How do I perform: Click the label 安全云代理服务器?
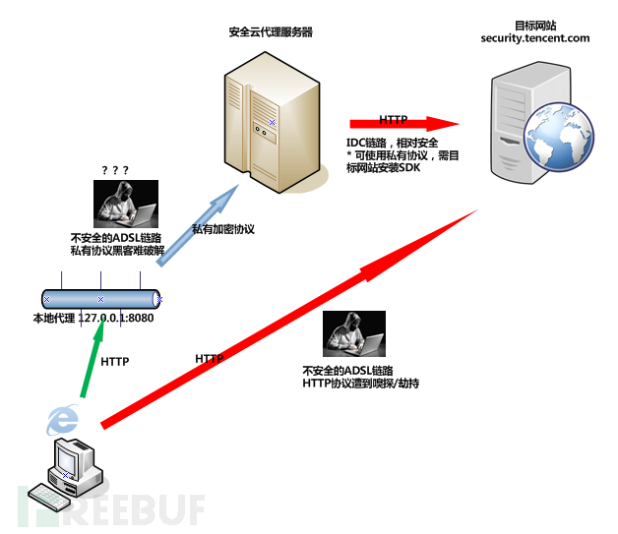pyautogui.click(x=271, y=31)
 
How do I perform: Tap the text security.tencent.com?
pyautogui.click(x=534, y=38)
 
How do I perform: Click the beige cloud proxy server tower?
pyautogui.click(x=273, y=122)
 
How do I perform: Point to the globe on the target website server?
pyautogui.click(x=559, y=137)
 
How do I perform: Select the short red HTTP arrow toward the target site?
pyautogui.click(x=404, y=124)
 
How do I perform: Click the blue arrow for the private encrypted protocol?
pyautogui.click(x=198, y=225)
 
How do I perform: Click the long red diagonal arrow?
pyautogui.click(x=289, y=320)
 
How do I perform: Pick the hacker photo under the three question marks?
pyautogui.click(x=126, y=204)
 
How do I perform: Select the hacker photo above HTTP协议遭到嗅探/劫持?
pyautogui.click(x=354, y=333)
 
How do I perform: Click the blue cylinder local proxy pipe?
pyautogui.click(x=101, y=299)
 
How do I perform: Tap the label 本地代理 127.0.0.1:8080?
pyautogui.click(x=93, y=318)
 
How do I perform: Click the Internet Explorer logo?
pyautogui.click(x=63, y=419)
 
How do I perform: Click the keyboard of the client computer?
pyautogui.click(x=49, y=497)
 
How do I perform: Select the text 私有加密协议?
pyautogui.click(x=223, y=229)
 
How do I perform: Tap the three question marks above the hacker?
pyautogui.click(x=115, y=170)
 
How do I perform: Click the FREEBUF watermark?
pyautogui.click(x=111, y=509)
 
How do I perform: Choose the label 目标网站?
pyautogui.click(x=535, y=26)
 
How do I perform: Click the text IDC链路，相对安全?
pyautogui.click(x=393, y=143)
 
